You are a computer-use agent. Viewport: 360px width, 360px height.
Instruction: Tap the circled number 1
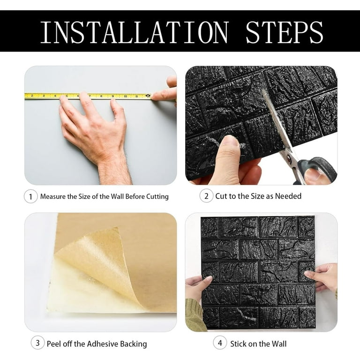(x=30, y=196)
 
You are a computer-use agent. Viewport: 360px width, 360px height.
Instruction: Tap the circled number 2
(x=206, y=196)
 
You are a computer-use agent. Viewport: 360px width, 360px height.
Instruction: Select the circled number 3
(x=38, y=343)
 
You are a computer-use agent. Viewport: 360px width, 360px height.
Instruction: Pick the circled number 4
(x=220, y=343)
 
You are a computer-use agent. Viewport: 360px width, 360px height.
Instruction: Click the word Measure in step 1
(x=53, y=196)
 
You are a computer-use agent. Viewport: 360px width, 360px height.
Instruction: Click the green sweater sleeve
(x=195, y=314)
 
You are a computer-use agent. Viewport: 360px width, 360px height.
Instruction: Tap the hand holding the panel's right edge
(x=323, y=277)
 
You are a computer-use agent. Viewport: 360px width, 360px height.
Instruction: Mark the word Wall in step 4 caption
(x=277, y=344)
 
